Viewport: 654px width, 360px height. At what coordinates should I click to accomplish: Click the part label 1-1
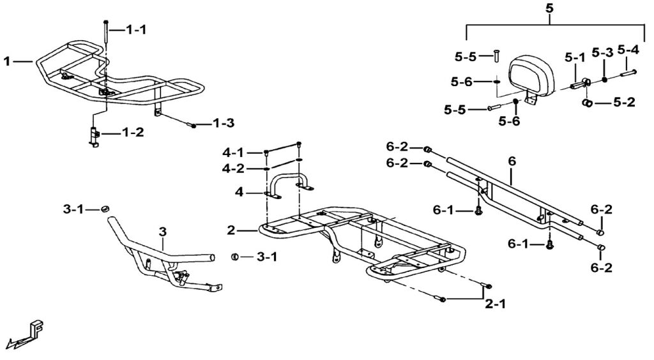click(136, 30)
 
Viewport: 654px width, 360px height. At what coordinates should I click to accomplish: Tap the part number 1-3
click(224, 122)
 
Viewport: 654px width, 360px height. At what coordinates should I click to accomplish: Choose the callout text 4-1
click(234, 153)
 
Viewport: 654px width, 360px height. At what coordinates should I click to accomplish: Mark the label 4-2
click(234, 169)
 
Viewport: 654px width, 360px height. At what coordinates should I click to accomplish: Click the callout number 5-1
click(575, 57)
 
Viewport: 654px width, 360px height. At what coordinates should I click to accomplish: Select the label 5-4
click(628, 49)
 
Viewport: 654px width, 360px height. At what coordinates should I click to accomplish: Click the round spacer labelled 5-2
click(586, 102)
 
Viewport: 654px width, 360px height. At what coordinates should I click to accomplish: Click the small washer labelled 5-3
click(604, 80)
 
